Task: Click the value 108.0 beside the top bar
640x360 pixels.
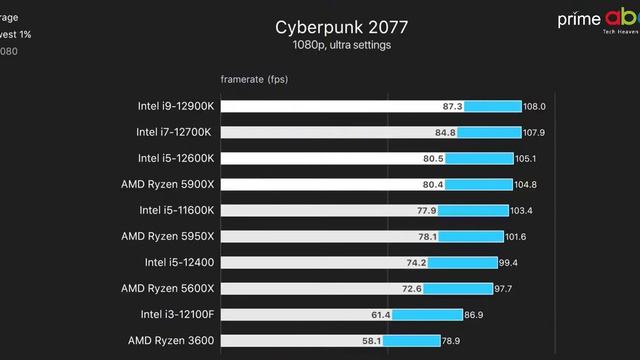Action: tap(535, 106)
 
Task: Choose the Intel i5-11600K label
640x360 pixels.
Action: tap(176, 210)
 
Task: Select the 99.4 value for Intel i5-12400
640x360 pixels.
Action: tap(509, 262)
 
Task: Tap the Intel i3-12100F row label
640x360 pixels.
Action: tap(177, 314)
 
